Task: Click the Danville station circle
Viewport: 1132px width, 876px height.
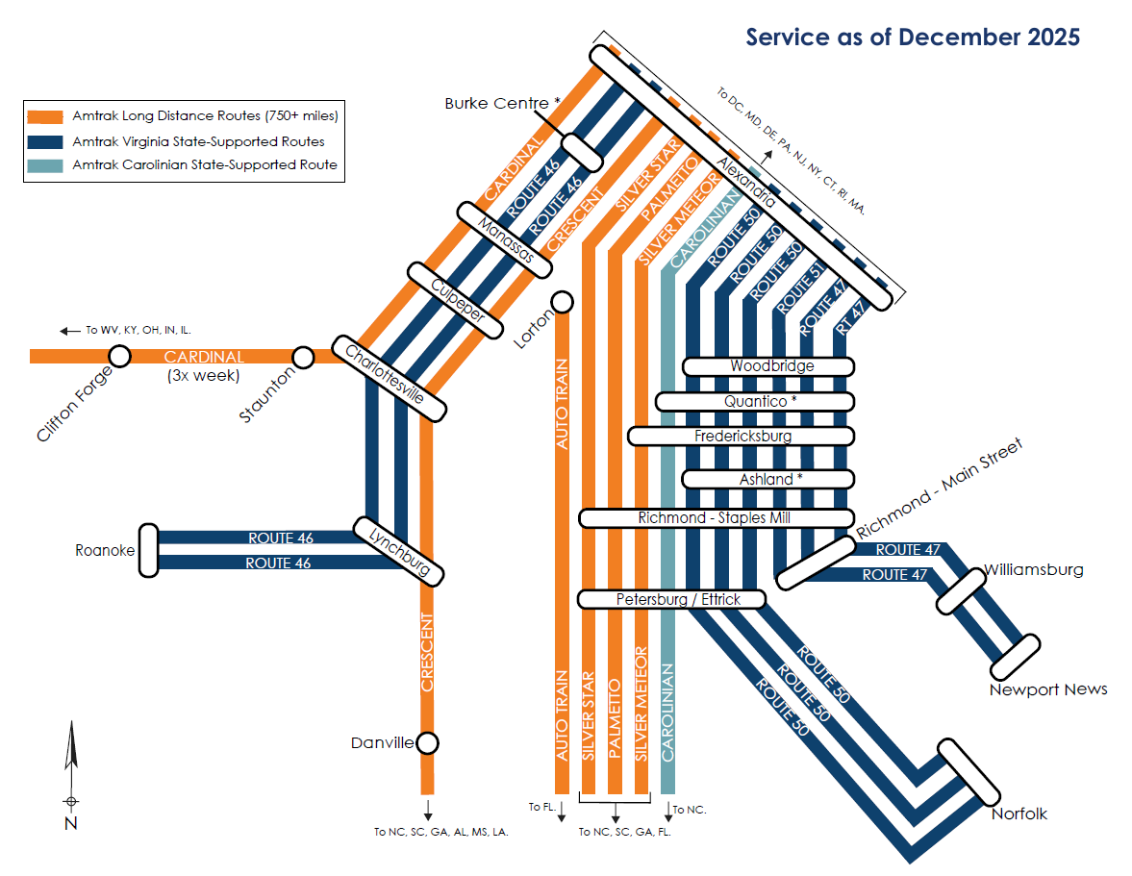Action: pyautogui.click(x=428, y=743)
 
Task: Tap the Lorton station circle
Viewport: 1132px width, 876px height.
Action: pyautogui.click(x=562, y=302)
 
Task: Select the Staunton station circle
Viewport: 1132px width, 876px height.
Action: pyautogui.click(x=303, y=358)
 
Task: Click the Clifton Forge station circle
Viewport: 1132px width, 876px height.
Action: pyautogui.click(x=119, y=357)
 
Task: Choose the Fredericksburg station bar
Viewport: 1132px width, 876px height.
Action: pyautogui.click(x=742, y=437)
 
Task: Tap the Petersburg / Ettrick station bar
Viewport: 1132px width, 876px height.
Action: pyautogui.click(x=671, y=600)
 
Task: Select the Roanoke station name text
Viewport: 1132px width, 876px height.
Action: pyautogui.click(x=105, y=551)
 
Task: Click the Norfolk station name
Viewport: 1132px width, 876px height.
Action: pyautogui.click(x=1019, y=813)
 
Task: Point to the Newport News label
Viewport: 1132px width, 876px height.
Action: pyautogui.click(x=1048, y=689)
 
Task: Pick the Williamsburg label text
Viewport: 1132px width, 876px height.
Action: pyautogui.click(x=1033, y=570)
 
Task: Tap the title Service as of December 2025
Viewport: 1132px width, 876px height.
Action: pyautogui.click(x=913, y=38)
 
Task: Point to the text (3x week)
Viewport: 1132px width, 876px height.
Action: pyautogui.click(x=203, y=374)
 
